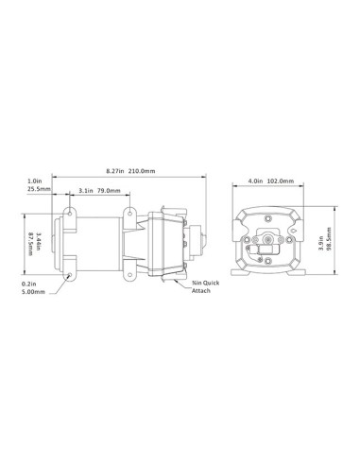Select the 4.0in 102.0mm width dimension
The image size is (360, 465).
tap(272, 181)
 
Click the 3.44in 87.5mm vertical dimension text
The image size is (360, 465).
tap(33, 241)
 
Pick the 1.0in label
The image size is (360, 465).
tap(34, 181)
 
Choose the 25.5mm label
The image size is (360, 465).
tap(34, 188)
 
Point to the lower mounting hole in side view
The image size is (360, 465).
tap(71, 276)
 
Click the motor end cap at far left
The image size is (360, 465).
tap(58, 242)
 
